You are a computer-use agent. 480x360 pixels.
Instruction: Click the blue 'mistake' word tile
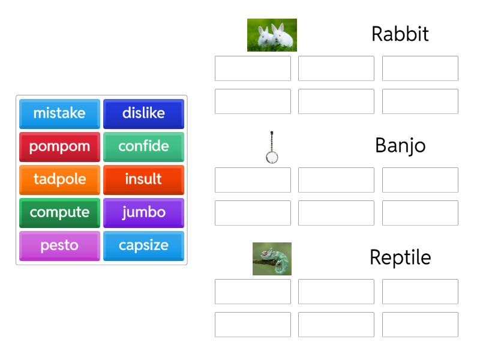pos(59,113)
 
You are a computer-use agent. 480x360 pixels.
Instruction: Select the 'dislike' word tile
pos(143,113)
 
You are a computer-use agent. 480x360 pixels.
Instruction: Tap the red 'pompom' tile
pos(59,146)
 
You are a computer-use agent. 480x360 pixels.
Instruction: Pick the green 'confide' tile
pos(143,146)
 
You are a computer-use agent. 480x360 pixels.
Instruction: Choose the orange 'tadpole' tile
pos(59,179)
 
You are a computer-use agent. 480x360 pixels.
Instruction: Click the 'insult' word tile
pos(143,179)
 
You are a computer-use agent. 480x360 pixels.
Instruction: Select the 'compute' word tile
pos(59,212)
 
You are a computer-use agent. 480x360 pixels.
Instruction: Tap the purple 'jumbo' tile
pos(143,212)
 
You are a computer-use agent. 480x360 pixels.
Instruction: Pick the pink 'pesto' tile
pos(59,245)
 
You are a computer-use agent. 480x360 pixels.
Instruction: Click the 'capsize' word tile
pos(143,245)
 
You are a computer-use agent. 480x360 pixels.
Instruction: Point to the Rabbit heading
pos(400,34)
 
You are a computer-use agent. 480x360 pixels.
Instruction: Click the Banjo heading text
pos(400,146)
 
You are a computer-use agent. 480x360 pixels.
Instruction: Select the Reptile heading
pos(400,257)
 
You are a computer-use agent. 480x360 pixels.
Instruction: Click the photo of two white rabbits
pos(272,35)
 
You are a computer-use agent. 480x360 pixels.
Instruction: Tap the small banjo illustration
pos(272,147)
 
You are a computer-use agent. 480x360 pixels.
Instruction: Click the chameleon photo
pos(272,259)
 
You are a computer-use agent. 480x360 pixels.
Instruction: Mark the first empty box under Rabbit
pos(253,68)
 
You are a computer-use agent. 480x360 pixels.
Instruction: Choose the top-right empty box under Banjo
pos(420,180)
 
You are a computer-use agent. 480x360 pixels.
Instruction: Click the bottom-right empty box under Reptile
pos(420,325)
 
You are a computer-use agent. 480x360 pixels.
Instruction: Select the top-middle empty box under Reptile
pos(336,292)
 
